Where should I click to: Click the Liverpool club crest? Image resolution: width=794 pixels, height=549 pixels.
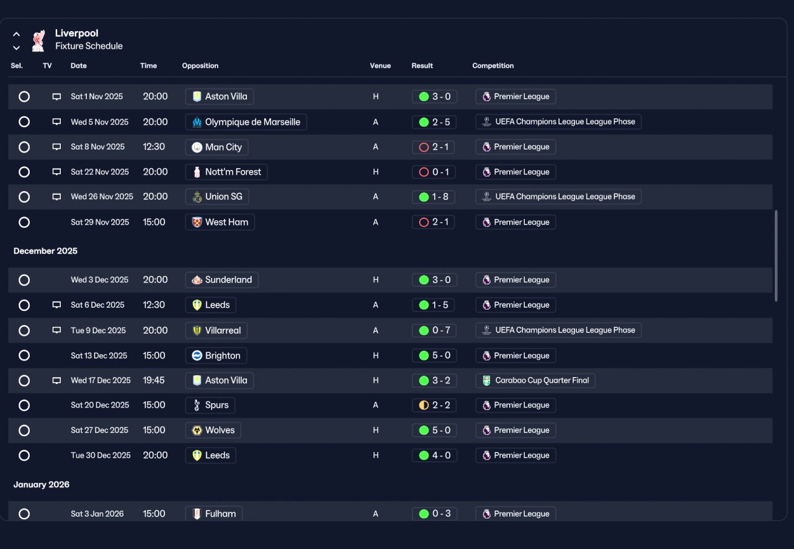point(38,40)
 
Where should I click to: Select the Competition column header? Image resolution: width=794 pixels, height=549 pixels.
point(493,66)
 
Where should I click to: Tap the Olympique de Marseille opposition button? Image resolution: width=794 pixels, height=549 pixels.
point(246,122)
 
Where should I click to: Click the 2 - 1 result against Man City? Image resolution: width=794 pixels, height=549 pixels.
point(433,147)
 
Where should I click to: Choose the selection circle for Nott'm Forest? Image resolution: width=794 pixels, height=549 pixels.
point(24,172)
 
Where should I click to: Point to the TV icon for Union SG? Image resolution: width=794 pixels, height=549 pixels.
point(56,197)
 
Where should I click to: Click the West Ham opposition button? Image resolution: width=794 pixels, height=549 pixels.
point(220,222)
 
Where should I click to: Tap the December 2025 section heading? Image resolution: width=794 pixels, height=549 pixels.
point(45,251)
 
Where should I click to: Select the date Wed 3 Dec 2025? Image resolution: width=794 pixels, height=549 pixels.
point(100,280)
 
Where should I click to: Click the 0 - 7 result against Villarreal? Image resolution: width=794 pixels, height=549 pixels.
point(434,330)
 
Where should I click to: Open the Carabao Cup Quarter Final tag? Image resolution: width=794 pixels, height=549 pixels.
point(535,381)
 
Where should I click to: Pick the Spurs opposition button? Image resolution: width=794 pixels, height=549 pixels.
point(210,405)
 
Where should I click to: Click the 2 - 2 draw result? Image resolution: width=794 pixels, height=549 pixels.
point(434,405)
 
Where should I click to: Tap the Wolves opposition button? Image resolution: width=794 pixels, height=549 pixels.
point(213,431)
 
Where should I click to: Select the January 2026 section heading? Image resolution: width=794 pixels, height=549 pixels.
point(42,484)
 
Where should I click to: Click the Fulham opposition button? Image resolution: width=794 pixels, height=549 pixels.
point(214,514)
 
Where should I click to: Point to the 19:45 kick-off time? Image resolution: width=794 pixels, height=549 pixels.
point(154,380)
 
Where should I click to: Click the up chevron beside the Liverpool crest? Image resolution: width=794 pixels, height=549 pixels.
point(16,34)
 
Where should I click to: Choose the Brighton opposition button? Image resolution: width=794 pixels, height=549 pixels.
point(216,355)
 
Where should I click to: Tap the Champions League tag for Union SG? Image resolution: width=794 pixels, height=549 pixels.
point(558,197)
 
